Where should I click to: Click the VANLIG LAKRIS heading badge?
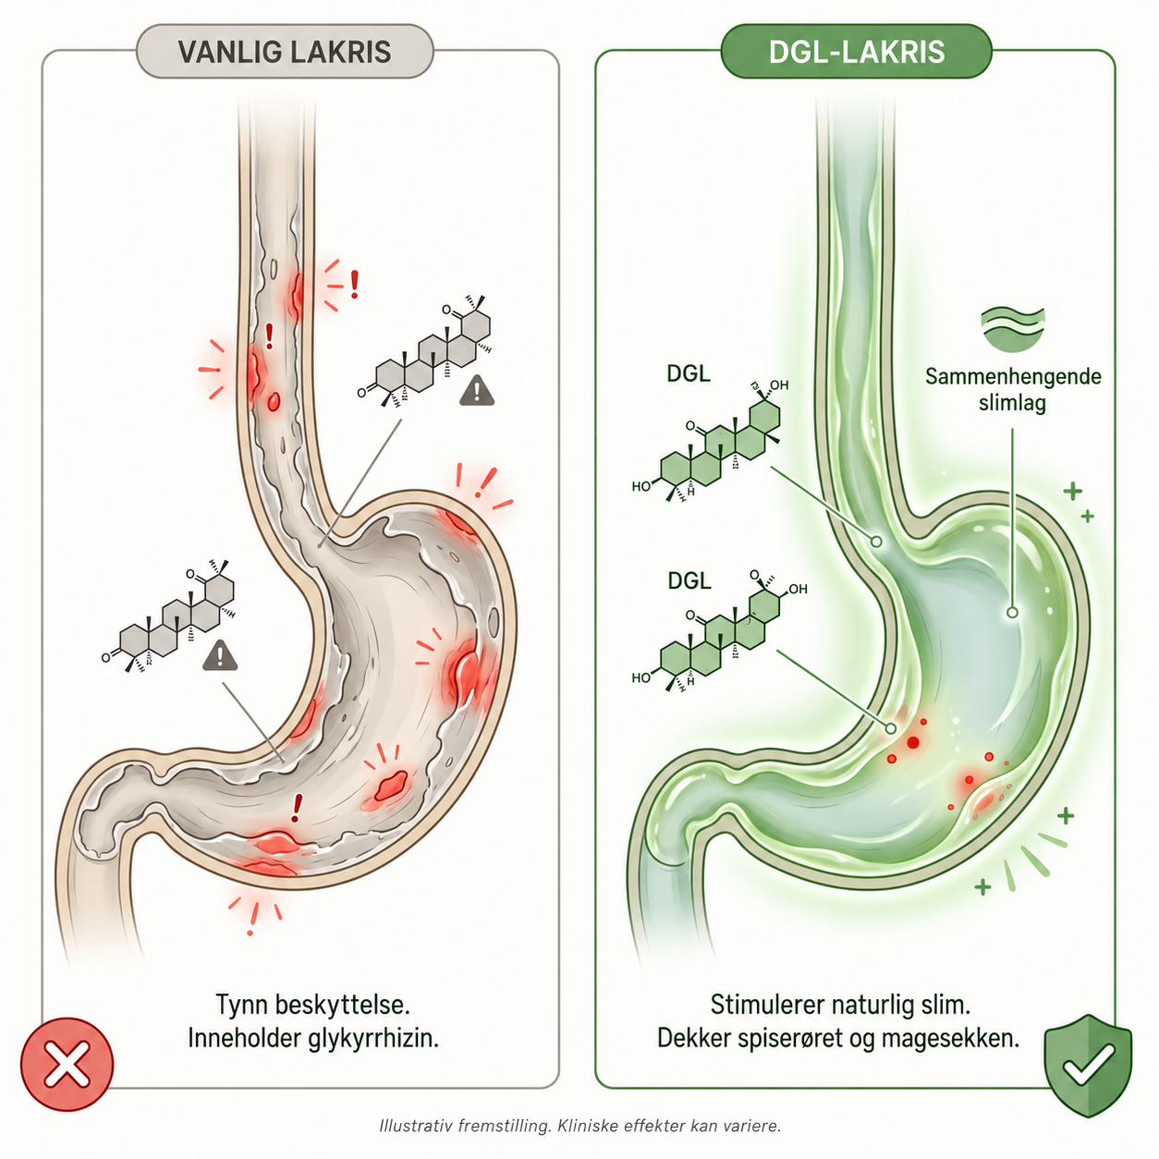point(285,52)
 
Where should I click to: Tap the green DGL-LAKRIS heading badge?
point(856,52)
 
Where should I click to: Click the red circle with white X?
point(67,1065)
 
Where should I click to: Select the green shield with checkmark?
point(1088,1065)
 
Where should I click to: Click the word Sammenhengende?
point(1014,378)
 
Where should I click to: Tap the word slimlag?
point(1012,403)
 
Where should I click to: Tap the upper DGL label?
point(689,374)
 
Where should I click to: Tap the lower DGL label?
point(689,581)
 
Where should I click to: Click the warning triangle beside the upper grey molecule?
point(477,390)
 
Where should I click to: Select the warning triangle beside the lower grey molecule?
point(220,655)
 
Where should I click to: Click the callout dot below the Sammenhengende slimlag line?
point(1012,613)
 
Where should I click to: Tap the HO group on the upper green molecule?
point(641,486)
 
